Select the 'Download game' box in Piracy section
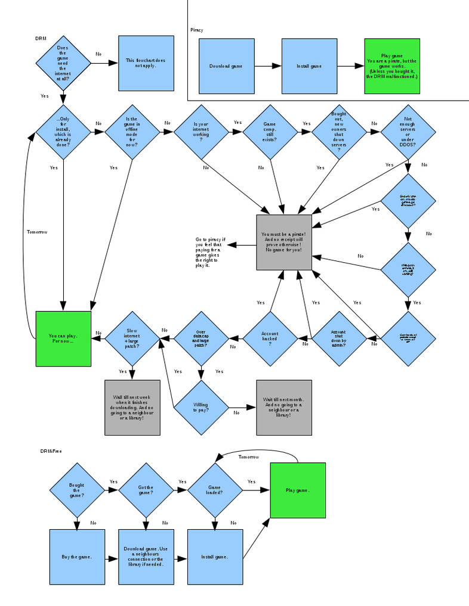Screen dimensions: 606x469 [226, 66]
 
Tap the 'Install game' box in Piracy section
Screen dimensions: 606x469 [309, 66]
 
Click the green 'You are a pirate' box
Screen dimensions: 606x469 [392, 66]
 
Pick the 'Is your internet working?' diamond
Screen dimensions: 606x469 [201, 132]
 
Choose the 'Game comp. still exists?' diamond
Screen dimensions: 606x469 [270, 132]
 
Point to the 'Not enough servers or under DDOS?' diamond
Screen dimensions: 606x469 [408, 132]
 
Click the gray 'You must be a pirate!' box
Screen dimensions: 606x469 [284, 242]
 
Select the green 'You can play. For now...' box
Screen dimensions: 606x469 [63, 338]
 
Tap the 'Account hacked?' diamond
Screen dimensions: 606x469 [270, 338]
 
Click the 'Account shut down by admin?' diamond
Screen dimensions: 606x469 [338, 338]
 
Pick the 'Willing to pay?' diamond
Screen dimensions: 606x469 [201, 408]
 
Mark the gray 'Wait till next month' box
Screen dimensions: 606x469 [284, 408]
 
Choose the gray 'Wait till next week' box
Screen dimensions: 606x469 [132, 408]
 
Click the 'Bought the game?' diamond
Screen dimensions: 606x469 [77, 490]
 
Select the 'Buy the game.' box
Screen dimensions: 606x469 [77, 557]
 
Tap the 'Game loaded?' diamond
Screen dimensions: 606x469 [215, 490]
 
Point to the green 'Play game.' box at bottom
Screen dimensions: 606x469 [298, 490]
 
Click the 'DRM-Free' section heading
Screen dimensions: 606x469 [51, 451]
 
